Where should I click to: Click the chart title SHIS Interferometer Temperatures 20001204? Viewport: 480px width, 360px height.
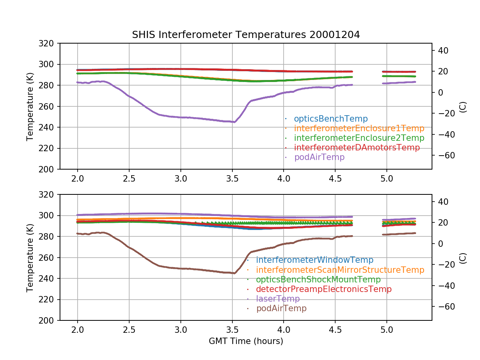(246, 35)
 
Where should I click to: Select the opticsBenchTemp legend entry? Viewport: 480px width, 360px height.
(330, 119)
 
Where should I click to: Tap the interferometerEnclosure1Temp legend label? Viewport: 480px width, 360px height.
(359, 128)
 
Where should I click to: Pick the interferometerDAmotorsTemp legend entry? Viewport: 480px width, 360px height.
(357, 148)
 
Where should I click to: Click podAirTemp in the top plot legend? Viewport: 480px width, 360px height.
(319, 157)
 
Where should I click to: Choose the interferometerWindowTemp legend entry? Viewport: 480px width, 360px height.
(314, 260)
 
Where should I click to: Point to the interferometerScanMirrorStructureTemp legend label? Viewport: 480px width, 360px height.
(340, 270)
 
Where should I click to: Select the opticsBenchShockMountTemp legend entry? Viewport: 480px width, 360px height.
(318, 280)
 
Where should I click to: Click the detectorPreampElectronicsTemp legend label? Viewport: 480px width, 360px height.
(324, 289)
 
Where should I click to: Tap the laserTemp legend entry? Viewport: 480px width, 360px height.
(278, 299)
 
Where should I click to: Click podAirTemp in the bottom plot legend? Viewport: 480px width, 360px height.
(281, 308)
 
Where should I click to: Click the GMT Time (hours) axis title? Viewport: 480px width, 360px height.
(246, 341)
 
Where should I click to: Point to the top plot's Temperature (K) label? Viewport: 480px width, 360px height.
(30, 106)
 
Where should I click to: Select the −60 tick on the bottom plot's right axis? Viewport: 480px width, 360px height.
(444, 306)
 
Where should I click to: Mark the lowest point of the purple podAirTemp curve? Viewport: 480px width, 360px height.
(234, 122)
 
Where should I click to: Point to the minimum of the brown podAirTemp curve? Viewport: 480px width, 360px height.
(234, 273)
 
